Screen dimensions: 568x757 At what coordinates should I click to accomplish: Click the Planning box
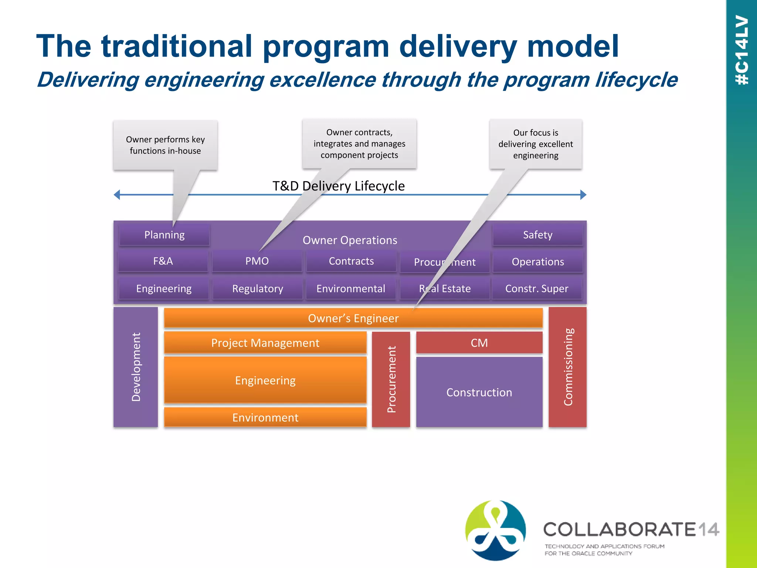click(164, 235)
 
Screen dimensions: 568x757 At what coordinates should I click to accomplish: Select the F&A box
click(163, 261)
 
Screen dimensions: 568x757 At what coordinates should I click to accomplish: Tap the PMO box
click(257, 261)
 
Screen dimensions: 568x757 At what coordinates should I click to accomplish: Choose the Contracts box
click(351, 261)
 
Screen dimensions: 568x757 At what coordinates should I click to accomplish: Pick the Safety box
click(537, 235)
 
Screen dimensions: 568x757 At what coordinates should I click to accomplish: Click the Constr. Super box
click(537, 288)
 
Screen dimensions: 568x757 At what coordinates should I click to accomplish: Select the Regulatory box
click(258, 288)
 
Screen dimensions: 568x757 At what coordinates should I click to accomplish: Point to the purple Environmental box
click(351, 288)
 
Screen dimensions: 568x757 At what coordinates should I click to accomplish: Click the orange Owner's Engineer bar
click(353, 318)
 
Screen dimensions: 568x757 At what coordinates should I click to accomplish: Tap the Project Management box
click(265, 343)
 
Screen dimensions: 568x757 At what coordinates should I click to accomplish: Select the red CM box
click(479, 343)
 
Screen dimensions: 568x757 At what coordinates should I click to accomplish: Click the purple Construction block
click(479, 392)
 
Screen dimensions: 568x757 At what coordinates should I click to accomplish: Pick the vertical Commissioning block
click(567, 367)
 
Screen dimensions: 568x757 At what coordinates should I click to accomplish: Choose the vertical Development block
click(136, 367)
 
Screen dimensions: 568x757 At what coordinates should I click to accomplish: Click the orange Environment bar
click(265, 417)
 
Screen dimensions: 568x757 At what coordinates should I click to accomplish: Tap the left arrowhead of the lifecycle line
click(117, 195)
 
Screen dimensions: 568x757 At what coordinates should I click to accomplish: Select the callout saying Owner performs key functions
click(165, 145)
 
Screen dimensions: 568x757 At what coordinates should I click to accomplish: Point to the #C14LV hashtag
click(742, 50)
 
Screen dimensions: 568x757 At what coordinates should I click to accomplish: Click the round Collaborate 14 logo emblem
click(495, 530)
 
